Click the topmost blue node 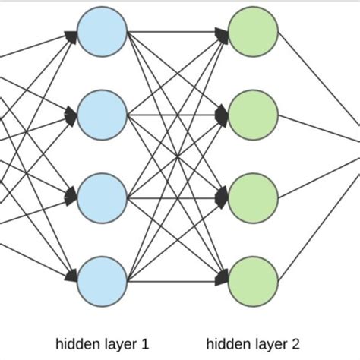(102, 33)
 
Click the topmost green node (253, 33)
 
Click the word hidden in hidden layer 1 (74, 343)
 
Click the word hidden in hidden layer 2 (226, 343)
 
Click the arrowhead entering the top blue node (71, 34)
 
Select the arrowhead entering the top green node (222, 33)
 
